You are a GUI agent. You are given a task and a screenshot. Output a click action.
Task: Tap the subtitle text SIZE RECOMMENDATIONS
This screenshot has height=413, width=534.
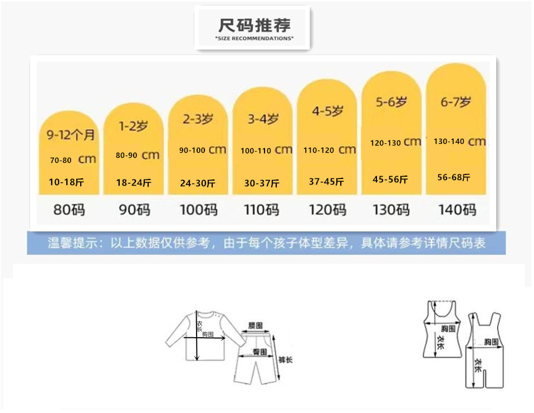pyautogui.click(x=254, y=38)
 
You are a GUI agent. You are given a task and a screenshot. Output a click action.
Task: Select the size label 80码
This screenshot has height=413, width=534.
pyautogui.click(x=69, y=210)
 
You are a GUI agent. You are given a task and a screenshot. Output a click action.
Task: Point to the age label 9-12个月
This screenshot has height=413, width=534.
pyautogui.click(x=68, y=135)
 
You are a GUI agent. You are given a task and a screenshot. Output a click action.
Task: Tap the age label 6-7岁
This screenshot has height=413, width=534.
pyautogui.click(x=455, y=102)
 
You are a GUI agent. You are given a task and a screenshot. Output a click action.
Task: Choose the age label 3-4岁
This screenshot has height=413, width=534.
pyautogui.click(x=263, y=119)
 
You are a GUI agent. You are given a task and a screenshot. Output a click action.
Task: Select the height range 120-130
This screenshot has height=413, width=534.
pyautogui.click(x=385, y=143)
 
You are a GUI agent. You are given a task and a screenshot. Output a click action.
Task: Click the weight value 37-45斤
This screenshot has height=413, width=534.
pyautogui.click(x=326, y=182)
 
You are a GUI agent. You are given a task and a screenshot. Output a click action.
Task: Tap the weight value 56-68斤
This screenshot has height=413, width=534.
pyautogui.click(x=454, y=177)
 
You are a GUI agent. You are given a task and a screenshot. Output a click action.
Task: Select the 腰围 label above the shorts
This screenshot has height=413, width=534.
pyautogui.click(x=255, y=324)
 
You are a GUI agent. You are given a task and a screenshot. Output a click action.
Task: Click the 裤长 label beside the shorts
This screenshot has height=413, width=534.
pyautogui.click(x=286, y=360)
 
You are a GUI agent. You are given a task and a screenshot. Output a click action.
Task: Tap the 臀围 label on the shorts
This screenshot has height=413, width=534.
pyautogui.click(x=259, y=352)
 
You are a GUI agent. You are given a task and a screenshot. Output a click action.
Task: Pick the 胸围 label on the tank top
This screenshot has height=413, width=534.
pyautogui.click(x=448, y=329)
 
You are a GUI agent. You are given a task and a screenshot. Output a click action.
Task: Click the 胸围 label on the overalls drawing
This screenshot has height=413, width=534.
pyautogui.click(x=491, y=342)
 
